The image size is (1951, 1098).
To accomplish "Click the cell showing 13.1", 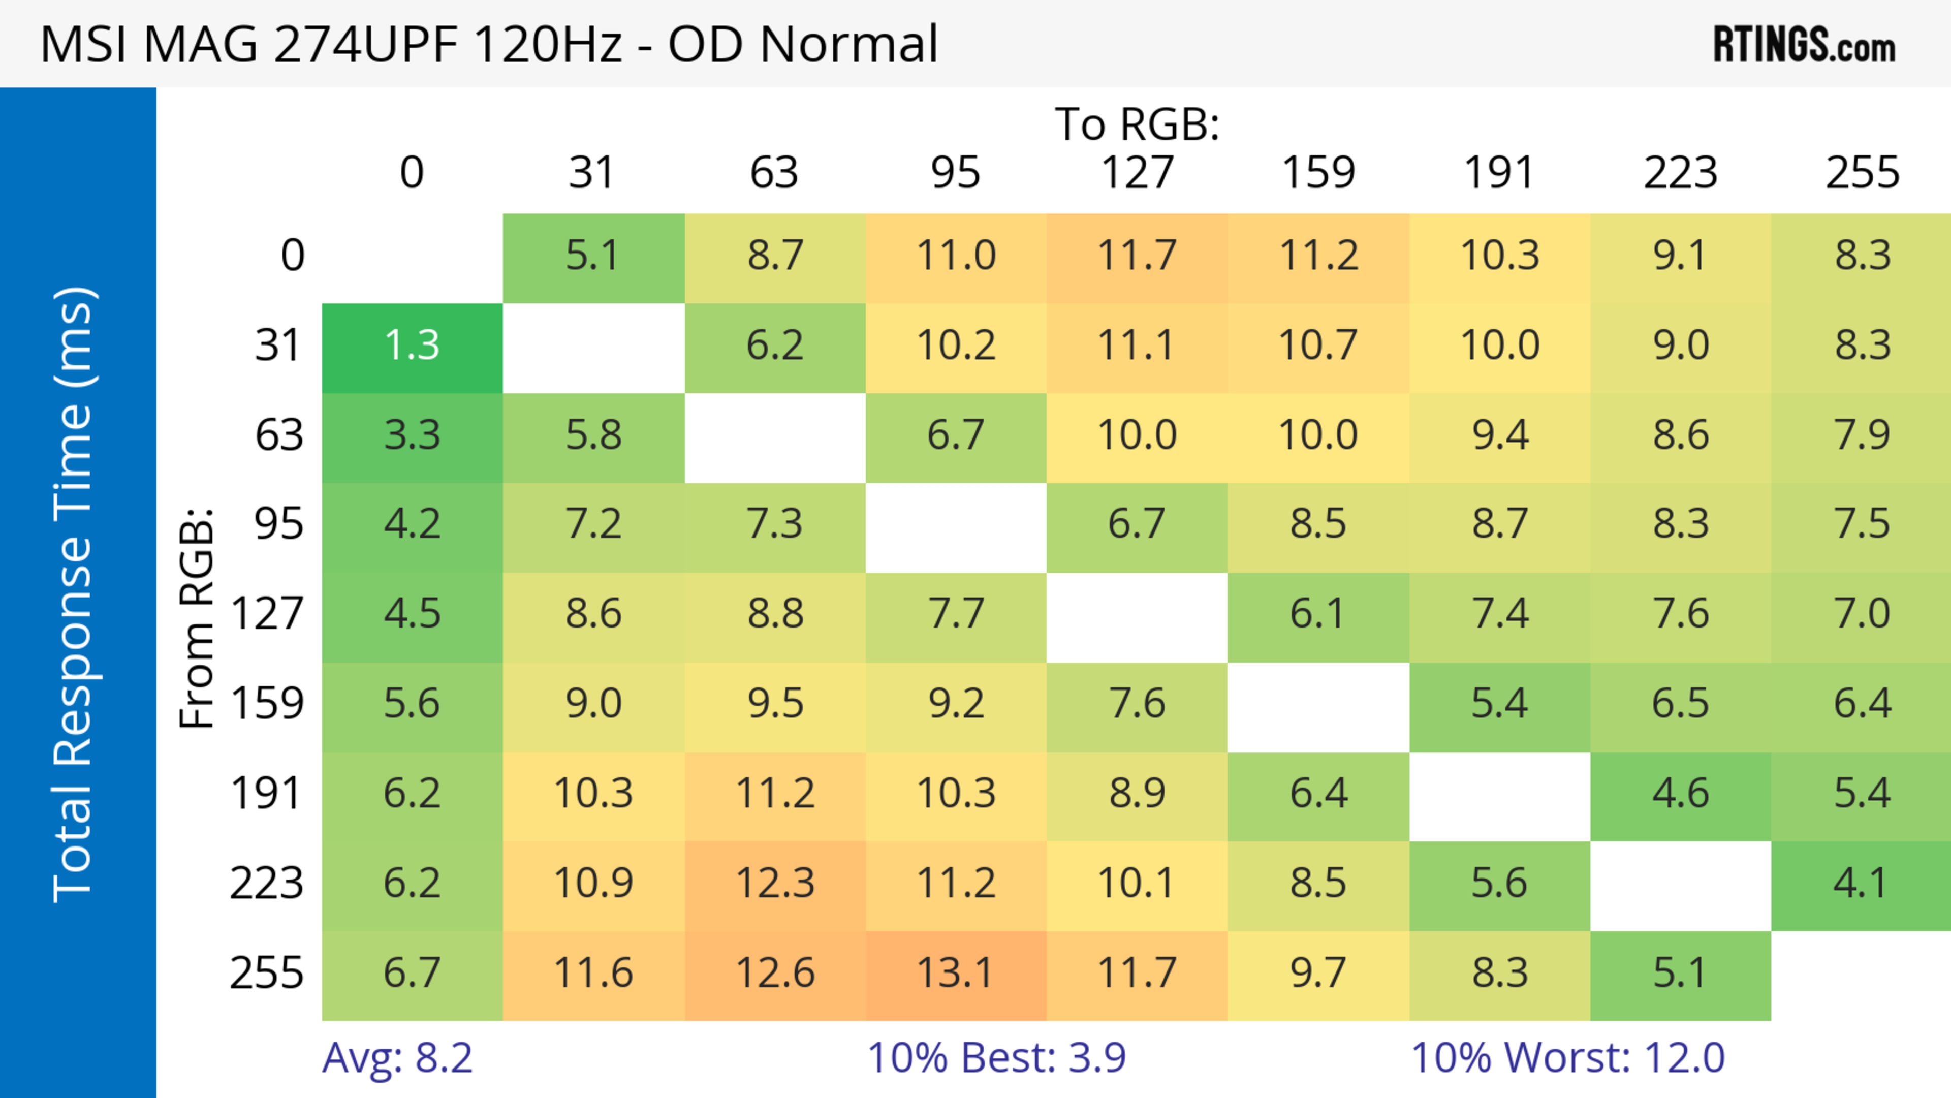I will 955,974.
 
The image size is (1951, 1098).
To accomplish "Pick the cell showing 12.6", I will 775,974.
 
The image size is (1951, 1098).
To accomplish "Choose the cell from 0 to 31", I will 593,257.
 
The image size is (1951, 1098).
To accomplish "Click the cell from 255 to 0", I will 412,974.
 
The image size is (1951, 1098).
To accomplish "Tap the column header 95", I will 955,173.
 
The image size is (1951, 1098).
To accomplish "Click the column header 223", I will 1680,173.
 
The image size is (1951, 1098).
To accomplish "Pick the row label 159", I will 267,704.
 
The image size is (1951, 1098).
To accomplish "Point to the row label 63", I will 279,435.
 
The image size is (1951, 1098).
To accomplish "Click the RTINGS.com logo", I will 1804,45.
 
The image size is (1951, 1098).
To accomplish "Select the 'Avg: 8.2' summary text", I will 398,1058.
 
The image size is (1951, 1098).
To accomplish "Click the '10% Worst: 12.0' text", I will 1568,1058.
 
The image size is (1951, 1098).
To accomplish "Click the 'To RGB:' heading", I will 1137,124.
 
